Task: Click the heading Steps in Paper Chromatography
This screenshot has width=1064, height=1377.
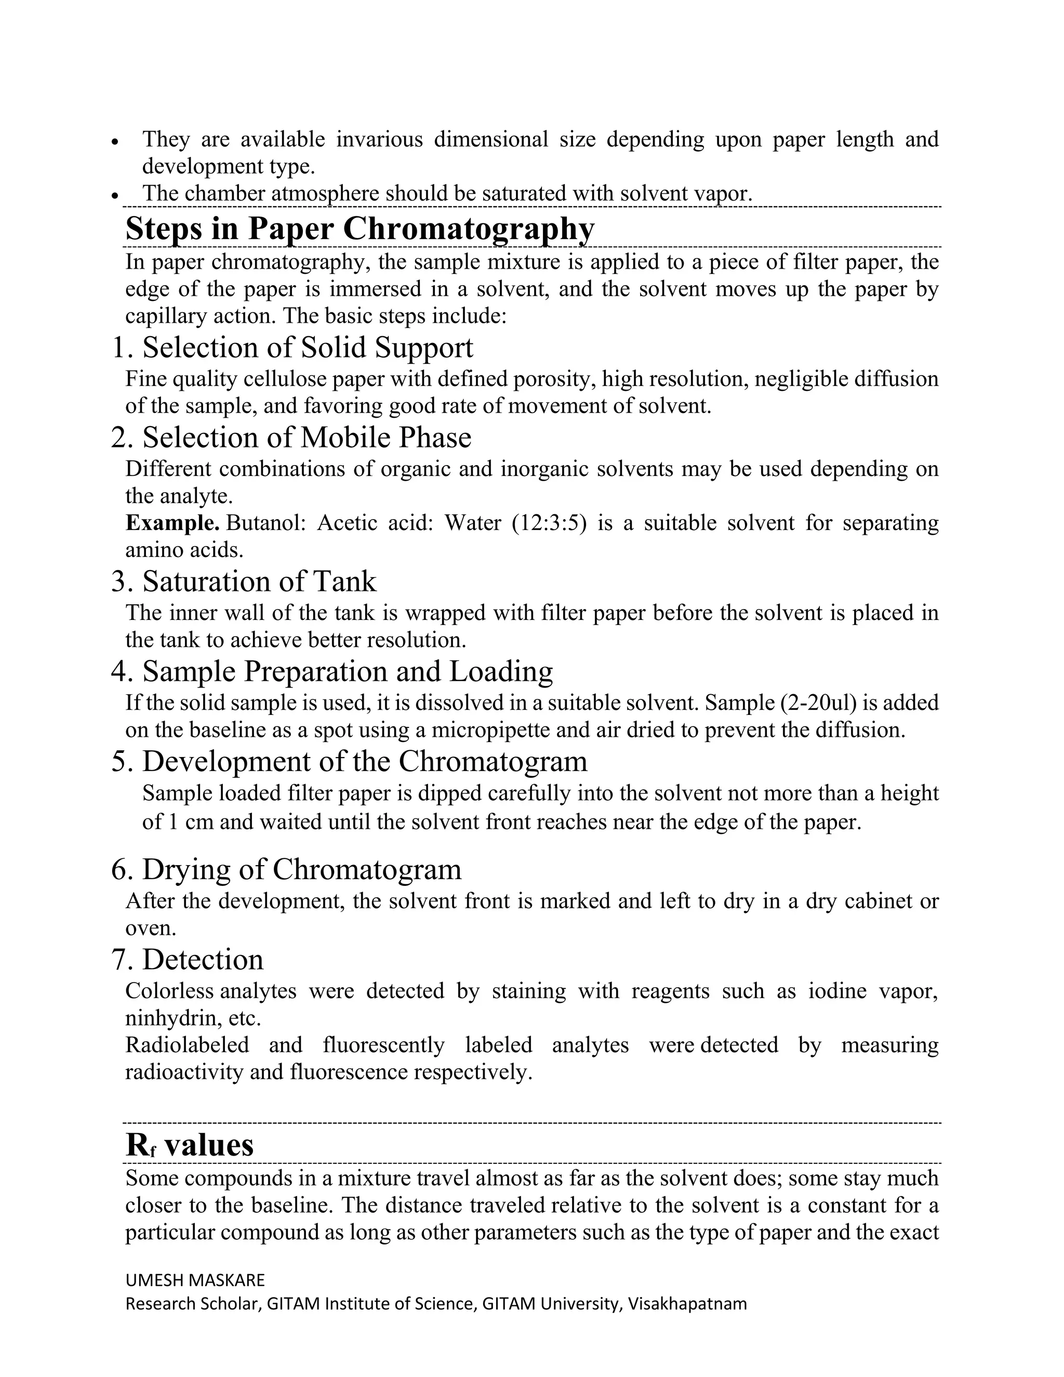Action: click(360, 228)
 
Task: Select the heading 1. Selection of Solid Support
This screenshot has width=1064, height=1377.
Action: click(292, 348)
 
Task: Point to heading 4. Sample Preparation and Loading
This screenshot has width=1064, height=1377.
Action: click(331, 671)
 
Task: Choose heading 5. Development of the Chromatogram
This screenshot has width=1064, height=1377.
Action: click(349, 761)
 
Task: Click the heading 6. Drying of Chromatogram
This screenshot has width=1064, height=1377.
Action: click(286, 869)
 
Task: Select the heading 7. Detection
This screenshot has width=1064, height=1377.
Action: click(187, 960)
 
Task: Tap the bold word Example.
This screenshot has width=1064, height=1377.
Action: click(172, 523)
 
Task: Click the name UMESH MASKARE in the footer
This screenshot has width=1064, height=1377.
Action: click(195, 1280)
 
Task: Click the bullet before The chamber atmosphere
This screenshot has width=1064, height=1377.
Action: click(115, 196)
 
